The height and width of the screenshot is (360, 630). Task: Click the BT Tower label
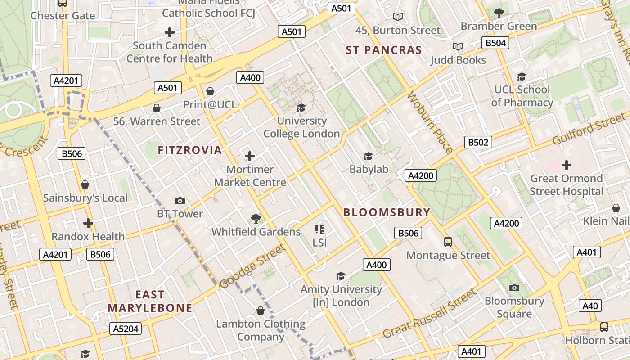point(180,214)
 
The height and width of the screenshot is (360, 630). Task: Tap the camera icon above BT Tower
point(180,201)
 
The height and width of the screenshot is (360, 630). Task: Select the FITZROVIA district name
point(190,150)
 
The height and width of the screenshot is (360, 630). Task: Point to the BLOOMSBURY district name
point(387,212)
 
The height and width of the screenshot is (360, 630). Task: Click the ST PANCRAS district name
point(384,50)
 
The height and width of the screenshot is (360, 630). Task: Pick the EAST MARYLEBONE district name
point(150,301)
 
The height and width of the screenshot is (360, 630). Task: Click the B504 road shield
point(495,43)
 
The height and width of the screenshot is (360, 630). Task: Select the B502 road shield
point(478,143)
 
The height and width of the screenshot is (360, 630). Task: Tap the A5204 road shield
point(126,328)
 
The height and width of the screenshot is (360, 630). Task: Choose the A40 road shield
point(590,306)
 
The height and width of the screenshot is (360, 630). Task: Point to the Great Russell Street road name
point(429,314)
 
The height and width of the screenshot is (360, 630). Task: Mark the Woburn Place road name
point(430,122)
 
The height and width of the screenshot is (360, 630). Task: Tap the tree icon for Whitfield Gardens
point(256,219)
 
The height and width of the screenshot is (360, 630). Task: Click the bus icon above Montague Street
point(448,242)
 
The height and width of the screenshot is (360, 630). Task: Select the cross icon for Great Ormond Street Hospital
point(566,165)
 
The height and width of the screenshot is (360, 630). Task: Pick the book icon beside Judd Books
point(458,46)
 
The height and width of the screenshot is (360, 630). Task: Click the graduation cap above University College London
point(301,108)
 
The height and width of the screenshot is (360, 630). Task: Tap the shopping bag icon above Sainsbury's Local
point(85,184)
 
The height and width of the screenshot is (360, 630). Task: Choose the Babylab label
point(369,169)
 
